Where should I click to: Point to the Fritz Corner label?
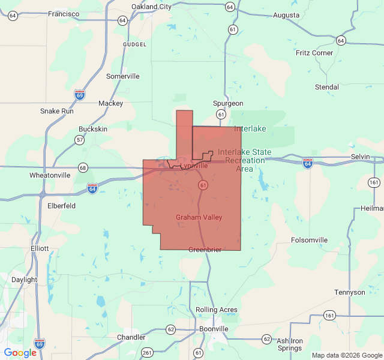pos(314,53)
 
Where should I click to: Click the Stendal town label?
pos(327,87)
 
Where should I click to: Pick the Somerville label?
pos(122,76)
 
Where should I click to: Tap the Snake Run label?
pos(57,111)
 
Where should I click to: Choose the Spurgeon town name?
pos(228,103)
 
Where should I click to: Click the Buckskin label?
pos(93,129)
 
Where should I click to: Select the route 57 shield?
pos(80,140)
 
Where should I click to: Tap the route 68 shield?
pos(82,167)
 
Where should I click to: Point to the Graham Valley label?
pos(199,217)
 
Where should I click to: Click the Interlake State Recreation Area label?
pos(244,160)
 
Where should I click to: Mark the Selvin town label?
pos(361,156)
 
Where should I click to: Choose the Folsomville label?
pos(309,240)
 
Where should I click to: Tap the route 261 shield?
pos(147,352)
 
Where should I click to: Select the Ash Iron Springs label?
pos(290,344)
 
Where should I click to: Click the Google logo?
pos(20,353)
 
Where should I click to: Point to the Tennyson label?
pos(349,292)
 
